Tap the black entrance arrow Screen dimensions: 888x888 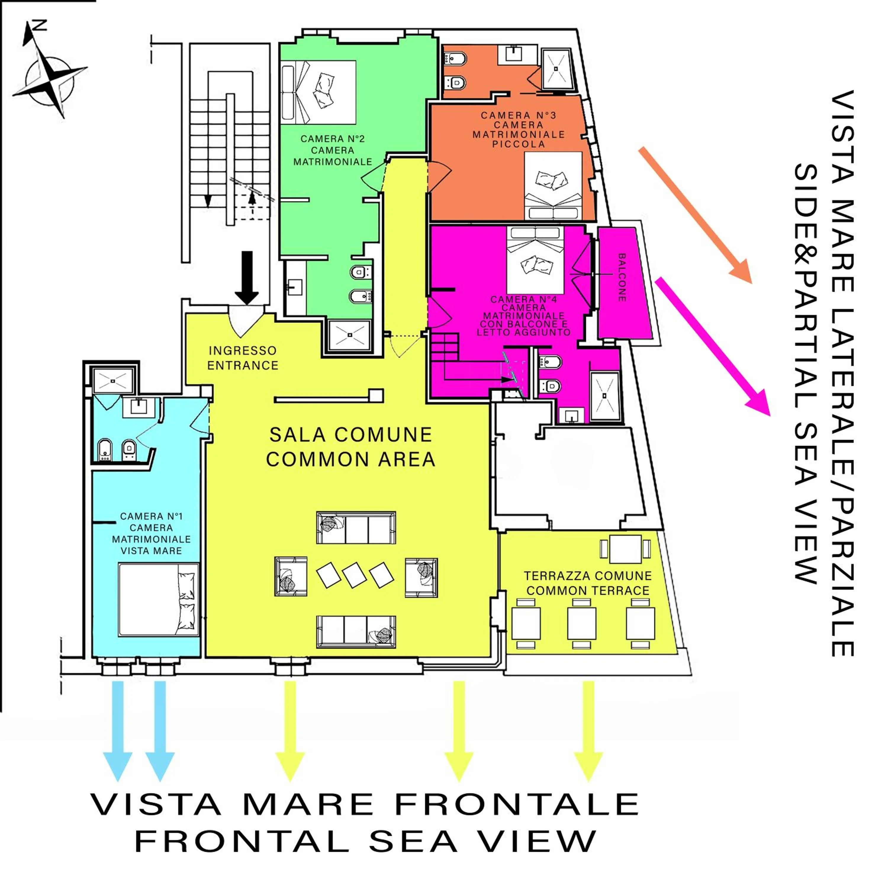pos(247,277)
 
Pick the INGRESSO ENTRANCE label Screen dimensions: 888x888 pos(243,358)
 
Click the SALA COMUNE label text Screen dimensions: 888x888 pos(351,434)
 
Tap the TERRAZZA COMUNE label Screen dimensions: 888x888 pos(588,576)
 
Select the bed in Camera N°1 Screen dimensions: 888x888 pos(158,600)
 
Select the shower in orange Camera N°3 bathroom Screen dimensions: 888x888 pos(556,69)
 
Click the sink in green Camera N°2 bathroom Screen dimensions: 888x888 pos(294,287)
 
